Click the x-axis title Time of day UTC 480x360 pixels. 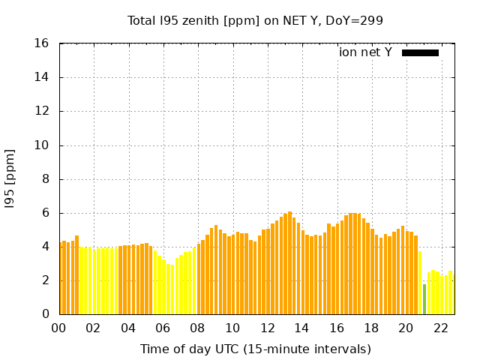click(x=256, y=349)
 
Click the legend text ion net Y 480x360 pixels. click(x=365, y=52)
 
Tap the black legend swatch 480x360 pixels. click(x=420, y=52)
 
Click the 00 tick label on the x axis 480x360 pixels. click(x=59, y=328)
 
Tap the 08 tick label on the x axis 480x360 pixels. click(x=198, y=328)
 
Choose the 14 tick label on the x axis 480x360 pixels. click(x=302, y=328)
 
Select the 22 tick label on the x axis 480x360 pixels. click(x=441, y=328)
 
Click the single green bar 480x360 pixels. click(x=424, y=299)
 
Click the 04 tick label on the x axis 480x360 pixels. click(x=128, y=328)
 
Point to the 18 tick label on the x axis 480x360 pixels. click(x=371, y=328)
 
